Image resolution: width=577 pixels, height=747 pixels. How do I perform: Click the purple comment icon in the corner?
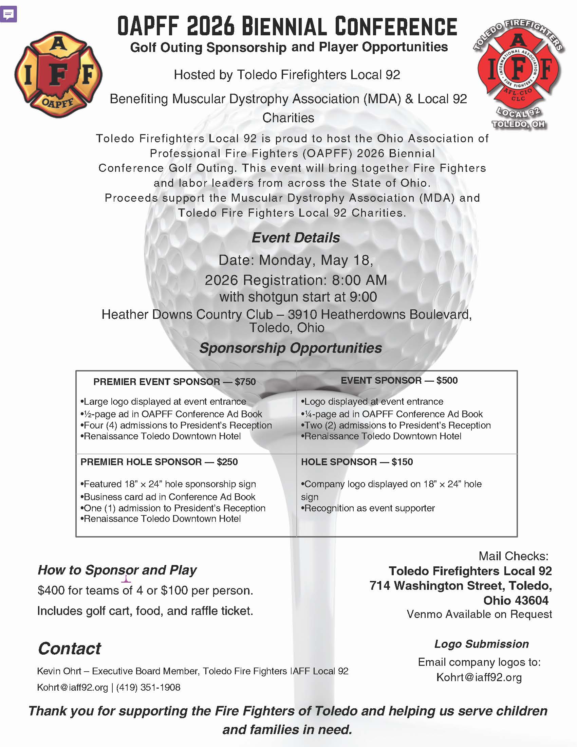pyautogui.click(x=8, y=14)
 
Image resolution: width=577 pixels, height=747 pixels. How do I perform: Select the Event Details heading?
pyautogui.click(x=296, y=238)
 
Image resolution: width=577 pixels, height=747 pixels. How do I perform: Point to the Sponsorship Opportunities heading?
pyautogui.click(x=291, y=348)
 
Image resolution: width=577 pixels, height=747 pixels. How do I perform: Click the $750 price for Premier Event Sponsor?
pyautogui.click(x=245, y=382)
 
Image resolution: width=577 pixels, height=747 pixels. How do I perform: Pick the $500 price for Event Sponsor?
pyautogui.click(x=447, y=380)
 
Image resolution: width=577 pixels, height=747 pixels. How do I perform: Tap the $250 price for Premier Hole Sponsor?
pyautogui.click(x=227, y=462)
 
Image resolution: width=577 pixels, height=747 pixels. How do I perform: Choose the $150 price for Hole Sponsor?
pyautogui.click(x=402, y=462)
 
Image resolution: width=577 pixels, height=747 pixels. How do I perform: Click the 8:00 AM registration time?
pyautogui.click(x=359, y=280)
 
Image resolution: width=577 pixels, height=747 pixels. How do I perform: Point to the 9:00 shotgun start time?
pyautogui.click(x=364, y=297)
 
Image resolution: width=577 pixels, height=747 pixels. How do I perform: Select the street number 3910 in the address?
pyautogui.click(x=302, y=314)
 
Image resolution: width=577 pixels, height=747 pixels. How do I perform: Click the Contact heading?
pyautogui.click(x=69, y=649)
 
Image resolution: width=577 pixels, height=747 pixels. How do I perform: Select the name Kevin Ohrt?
pyautogui.click(x=59, y=671)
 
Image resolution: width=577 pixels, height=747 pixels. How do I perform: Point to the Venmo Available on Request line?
pyautogui.click(x=479, y=614)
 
